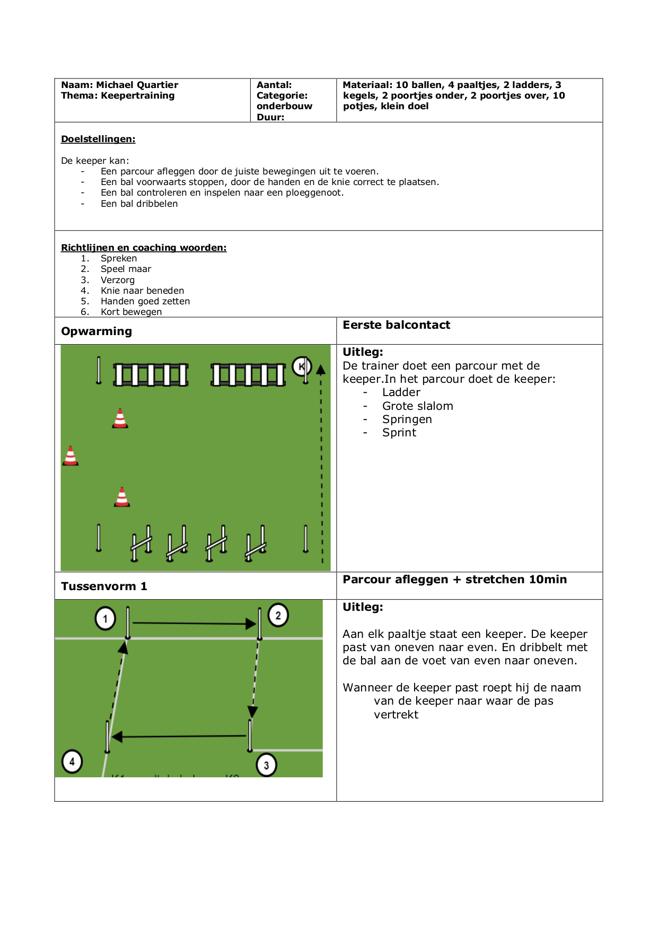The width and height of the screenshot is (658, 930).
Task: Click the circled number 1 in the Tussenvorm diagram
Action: click(105, 619)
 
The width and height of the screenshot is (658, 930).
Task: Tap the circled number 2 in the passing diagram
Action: click(278, 616)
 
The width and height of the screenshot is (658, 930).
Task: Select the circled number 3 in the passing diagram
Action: click(266, 765)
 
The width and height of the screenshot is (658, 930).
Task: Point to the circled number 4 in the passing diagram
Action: click(72, 762)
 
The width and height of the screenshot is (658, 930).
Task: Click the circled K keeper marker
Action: click(302, 366)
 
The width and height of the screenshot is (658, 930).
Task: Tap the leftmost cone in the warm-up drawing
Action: click(71, 455)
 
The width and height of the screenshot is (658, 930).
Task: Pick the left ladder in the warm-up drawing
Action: click(151, 375)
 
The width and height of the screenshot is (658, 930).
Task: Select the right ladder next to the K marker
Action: click(248, 375)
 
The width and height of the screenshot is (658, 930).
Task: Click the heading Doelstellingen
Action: click(98, 139)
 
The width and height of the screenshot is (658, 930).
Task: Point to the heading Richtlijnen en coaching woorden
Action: click(144, 248)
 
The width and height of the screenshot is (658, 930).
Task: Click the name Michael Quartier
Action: click(137, 85)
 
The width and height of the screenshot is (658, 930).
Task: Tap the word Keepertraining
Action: click(137, 95)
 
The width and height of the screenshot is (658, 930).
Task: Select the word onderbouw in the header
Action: click(284, 106)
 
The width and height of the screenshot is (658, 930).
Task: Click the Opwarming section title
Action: click(96, 331)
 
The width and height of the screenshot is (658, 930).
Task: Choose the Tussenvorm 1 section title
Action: click(104, 586)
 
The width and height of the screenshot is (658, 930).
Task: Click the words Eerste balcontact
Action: click(396, 325)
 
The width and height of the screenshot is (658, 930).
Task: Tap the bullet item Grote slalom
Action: click(418, 406)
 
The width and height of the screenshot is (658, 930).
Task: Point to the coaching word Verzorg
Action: click(118, 280)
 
